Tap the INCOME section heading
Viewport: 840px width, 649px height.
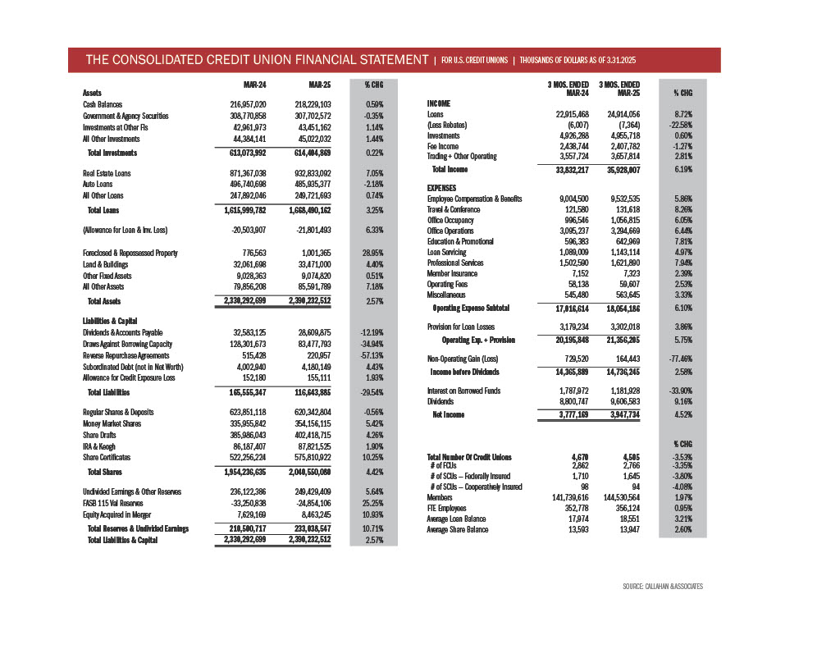point(440,103)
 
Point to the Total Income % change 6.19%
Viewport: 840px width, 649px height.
point(682,169)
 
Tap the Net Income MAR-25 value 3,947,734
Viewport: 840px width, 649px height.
point(619,415)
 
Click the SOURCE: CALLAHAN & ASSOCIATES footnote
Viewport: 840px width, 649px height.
point(663,587)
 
